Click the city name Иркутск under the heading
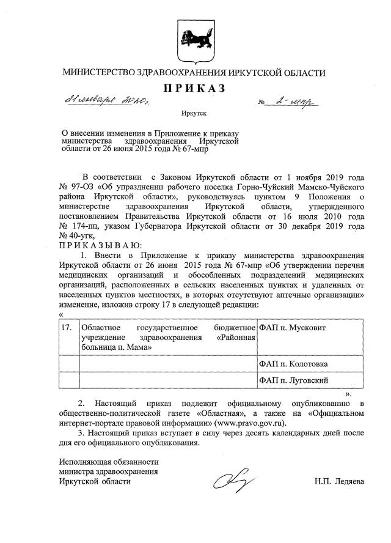coord(194,113)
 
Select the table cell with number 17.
coord(68,328)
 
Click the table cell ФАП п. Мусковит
coord(293,328)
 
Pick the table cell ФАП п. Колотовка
coord(293,364)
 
